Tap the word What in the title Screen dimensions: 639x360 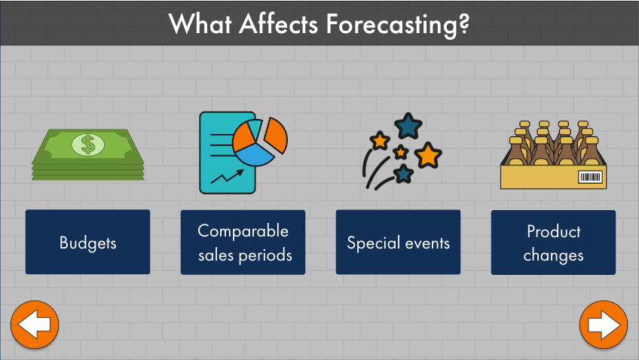tap(200, 23)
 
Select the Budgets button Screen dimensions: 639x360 tap(87, 242)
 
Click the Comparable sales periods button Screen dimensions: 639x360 tap(243, 243)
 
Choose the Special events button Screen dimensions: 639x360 tap(398, 242)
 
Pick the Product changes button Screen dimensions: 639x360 tap(553, 243)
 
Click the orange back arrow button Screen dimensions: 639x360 tap(35, 325)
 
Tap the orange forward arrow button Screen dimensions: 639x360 tap(604, 325)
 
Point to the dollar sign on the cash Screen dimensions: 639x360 tap(88, 145)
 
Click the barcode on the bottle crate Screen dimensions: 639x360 tap(590, 177)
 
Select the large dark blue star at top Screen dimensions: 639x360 tap(408, 126)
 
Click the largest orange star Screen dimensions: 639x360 tap(428, 155)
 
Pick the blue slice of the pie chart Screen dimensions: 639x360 tap(254, 154)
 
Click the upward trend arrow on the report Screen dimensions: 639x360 tap(227, 176)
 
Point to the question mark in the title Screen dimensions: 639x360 tap(463, 23)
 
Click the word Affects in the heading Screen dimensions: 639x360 tap(278, 23)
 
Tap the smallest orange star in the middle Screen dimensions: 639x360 tap(401, 152)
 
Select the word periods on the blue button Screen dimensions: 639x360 tap(265, 256)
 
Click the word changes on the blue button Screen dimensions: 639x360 tap(553, 256)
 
